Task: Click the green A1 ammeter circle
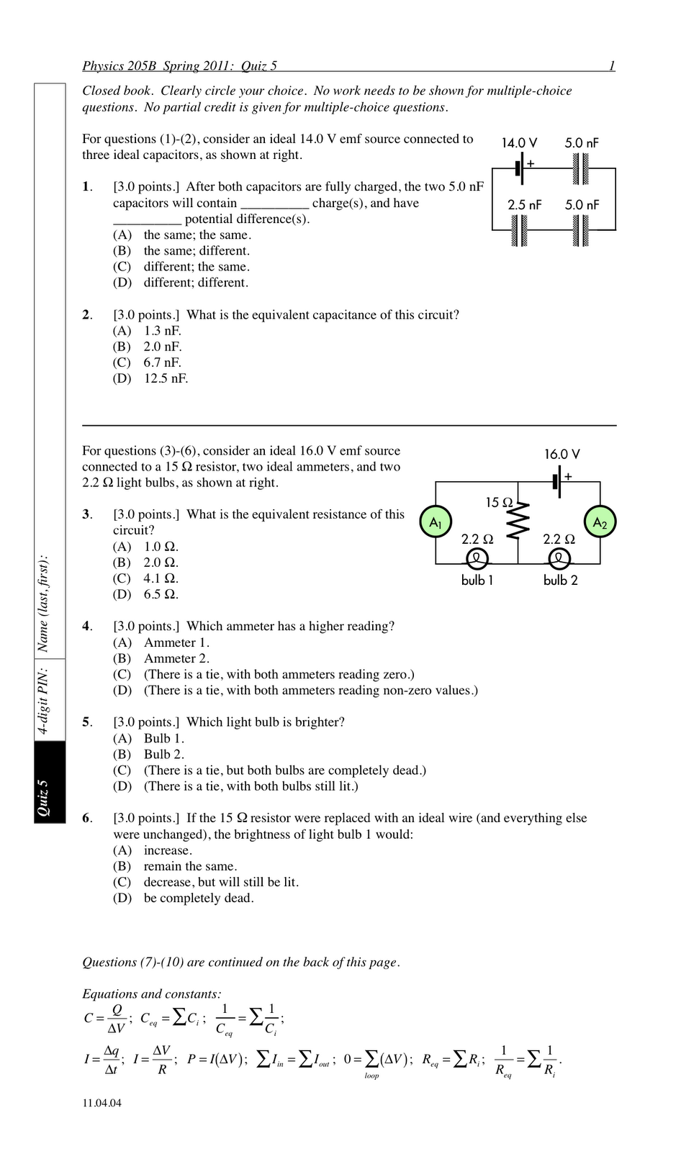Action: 436,522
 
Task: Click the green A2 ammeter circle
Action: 600,522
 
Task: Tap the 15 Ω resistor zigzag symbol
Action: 518,518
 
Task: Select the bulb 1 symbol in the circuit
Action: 477,558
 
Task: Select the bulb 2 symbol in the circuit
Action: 559,558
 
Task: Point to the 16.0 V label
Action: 562,455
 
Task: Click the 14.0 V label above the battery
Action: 519,143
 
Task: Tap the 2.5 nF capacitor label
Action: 524,205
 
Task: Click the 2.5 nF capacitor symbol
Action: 519,230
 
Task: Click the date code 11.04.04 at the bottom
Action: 102,1104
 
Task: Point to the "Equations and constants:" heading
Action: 152,994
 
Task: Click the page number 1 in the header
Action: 612,66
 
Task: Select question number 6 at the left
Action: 86,818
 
